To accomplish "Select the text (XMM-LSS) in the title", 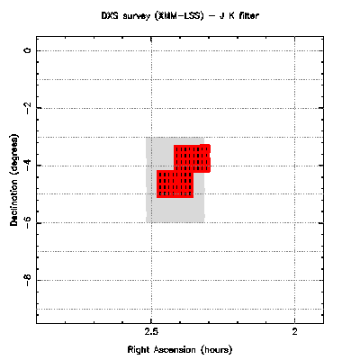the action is [179, 16].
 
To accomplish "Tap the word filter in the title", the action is [248, 15].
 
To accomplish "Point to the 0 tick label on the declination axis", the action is [28, 50].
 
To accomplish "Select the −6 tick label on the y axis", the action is [28, 221].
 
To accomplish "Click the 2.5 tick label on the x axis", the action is [151, 331].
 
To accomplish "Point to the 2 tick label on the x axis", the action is [295, 331].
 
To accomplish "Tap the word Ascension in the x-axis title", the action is [175, 349].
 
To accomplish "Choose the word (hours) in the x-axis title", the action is [217, 350].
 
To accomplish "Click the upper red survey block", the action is [193, 158].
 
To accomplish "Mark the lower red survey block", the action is [175, 184].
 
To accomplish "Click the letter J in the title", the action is [222, 15].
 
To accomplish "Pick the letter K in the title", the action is [232, 15].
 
